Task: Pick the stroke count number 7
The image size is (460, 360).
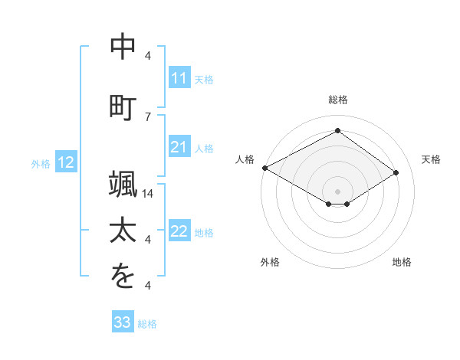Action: (x=148, y=116)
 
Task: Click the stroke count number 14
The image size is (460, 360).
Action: (x=149, y=194)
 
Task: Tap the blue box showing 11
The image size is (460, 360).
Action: (x=179, y=78)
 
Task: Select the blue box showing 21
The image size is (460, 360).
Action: (x=179, y=147)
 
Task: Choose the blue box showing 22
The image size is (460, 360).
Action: (x=179, y=231)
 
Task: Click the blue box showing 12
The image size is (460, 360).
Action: (x=66, y=162)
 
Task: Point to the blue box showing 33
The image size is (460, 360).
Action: (x=123, y=322)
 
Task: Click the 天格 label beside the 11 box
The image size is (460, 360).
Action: (x=204, y=79)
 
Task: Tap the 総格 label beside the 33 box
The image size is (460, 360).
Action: (x=147, y=323)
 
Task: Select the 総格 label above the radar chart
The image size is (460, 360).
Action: (x=337, y=100)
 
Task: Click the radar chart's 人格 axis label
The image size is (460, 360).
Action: (x=245, y=159)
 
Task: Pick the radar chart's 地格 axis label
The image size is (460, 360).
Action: (x=402, y=262)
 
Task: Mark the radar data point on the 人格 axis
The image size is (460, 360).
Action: (x=264, y=168)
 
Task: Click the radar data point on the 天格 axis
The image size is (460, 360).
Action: (x=396, y=173)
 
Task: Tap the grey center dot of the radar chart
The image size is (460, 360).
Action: (x=337, y=190)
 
